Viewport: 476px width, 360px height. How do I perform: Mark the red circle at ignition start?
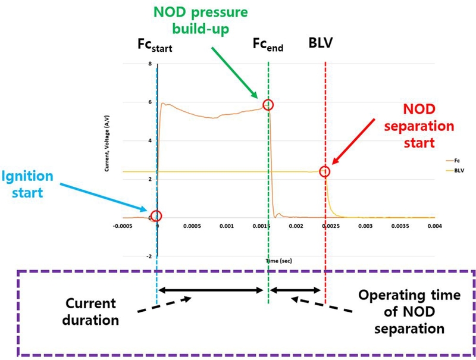[x=156, y=215]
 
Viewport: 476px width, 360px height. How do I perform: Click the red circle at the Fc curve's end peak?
[x=268, y=105]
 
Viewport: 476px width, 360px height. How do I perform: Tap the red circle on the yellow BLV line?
[x=325, y=171]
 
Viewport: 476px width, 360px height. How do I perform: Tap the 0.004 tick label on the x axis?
[x=434, y=227]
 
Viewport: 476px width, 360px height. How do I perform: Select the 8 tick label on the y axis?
[x=150, y=64]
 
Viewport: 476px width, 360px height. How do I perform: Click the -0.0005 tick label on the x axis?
[x=123, y=227]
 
